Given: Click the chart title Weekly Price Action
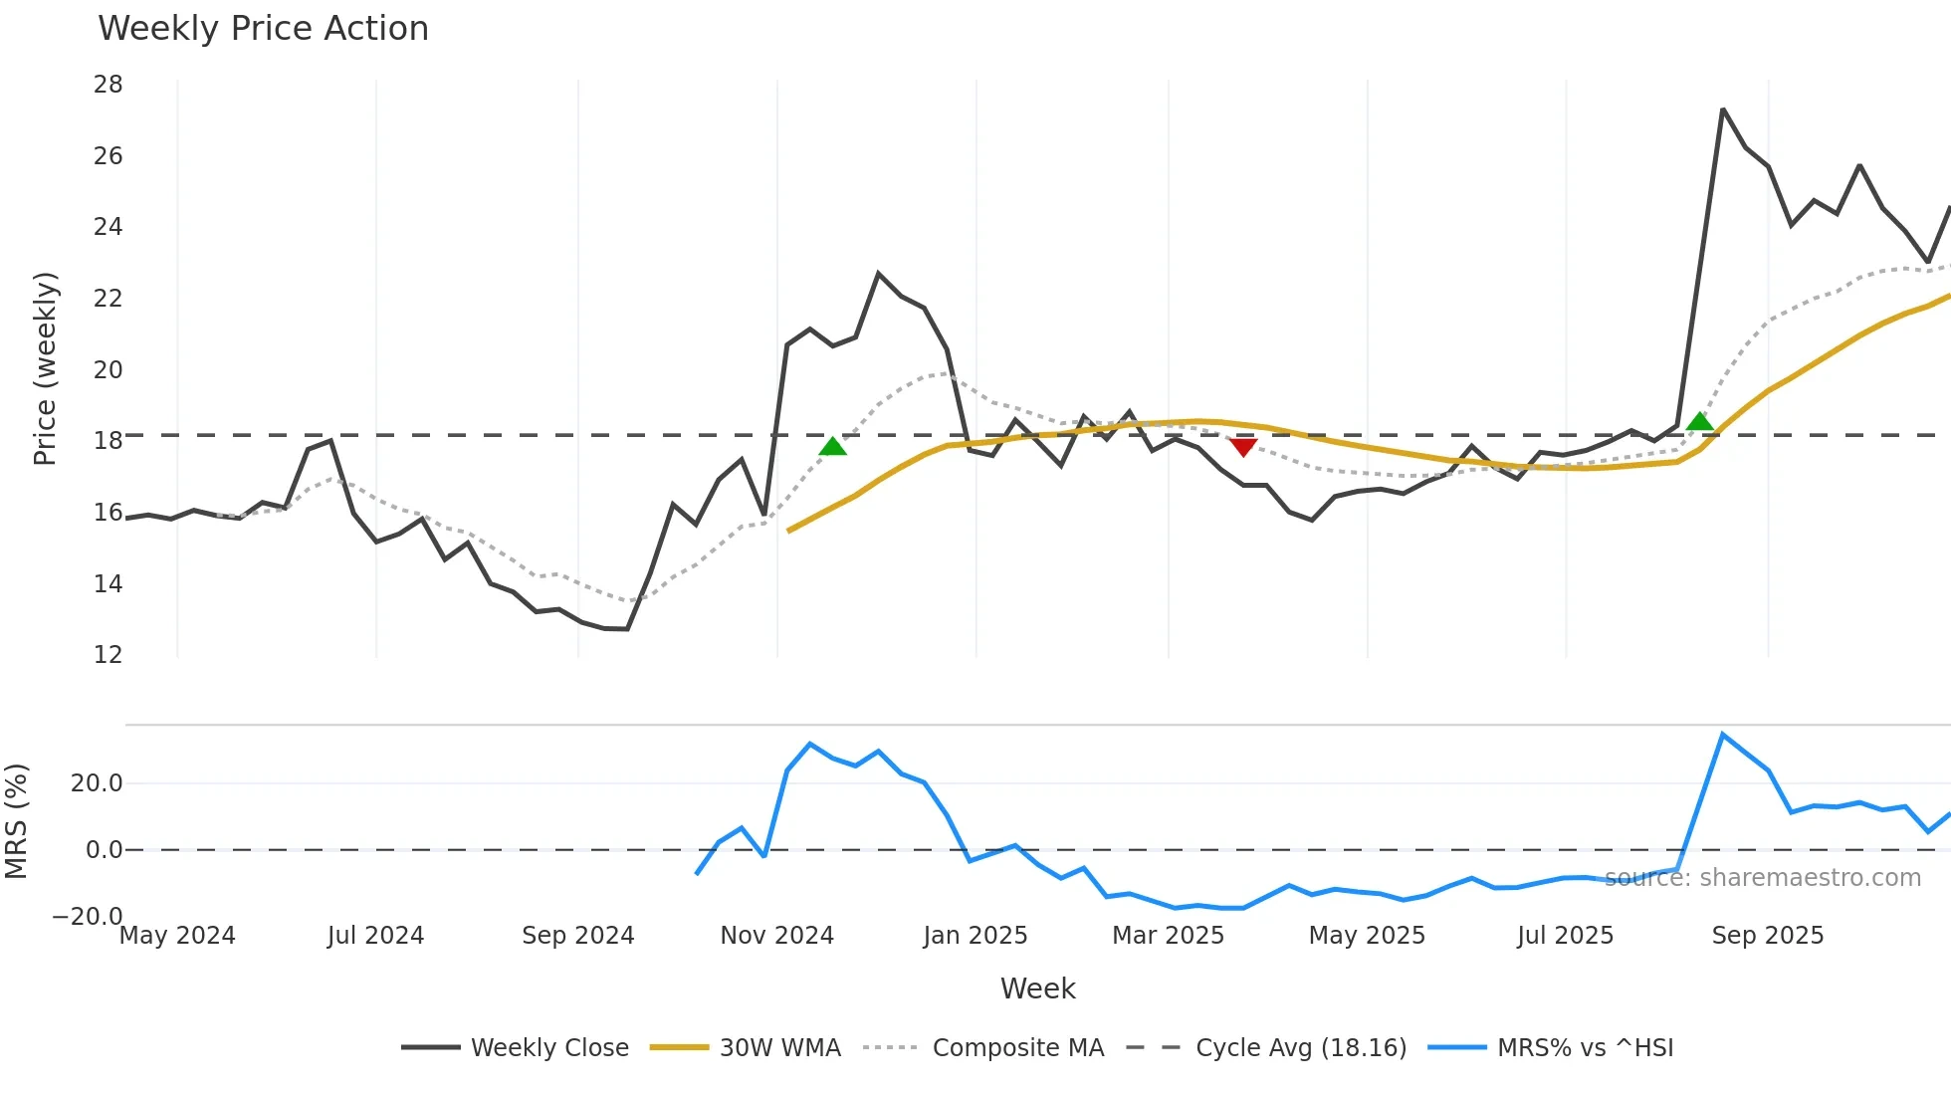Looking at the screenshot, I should [x=263, y=29].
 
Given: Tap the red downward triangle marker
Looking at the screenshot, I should [x=1243, y=447].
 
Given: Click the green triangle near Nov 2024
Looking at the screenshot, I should [x=832, y=446].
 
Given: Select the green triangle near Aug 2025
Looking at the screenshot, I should [x=1700, y=422].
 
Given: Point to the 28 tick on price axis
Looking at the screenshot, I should [x=108, y=85].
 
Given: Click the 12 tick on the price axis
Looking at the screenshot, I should [x=108, y=655].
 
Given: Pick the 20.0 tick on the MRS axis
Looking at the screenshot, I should [x=97, y=783].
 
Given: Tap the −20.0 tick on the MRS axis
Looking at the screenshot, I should [x=88, y=916].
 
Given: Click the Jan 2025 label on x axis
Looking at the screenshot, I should [x=975, y=936].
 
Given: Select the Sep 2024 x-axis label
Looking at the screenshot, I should [x=577, y=936].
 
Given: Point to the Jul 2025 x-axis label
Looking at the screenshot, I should [x=1565, y=936].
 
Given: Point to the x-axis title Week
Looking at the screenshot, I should [x=1037, y=988].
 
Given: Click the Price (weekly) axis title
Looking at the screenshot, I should [x=45, y=368].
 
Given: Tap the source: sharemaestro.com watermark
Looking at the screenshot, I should [x=1762, y=878].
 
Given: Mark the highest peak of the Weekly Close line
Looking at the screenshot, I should [x=1722, y=110].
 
